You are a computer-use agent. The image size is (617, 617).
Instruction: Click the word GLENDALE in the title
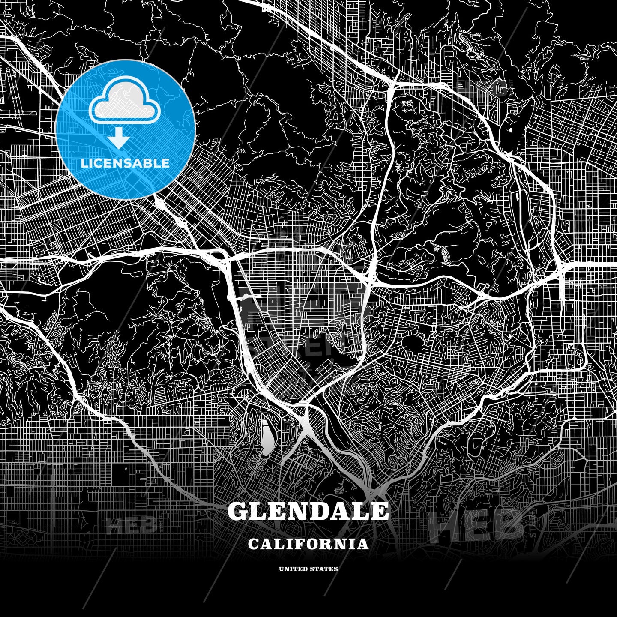(x=308, y=511)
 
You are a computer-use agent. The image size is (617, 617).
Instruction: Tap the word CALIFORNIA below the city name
(x=308, y=544)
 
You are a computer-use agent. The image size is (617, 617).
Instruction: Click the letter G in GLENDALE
(x=238, y=511)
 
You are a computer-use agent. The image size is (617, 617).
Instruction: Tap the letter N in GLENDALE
(x=299, y=511)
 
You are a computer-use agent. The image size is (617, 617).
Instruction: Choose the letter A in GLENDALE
(x=341, y=511)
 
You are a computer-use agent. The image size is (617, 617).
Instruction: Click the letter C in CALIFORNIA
(x=253, y=544)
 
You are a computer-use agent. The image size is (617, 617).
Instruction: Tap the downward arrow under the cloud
(x=119, y=140)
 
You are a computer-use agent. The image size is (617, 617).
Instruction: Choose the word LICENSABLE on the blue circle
(x=125, y=163)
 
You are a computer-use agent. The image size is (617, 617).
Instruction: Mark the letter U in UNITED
(x=281, y=569)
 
